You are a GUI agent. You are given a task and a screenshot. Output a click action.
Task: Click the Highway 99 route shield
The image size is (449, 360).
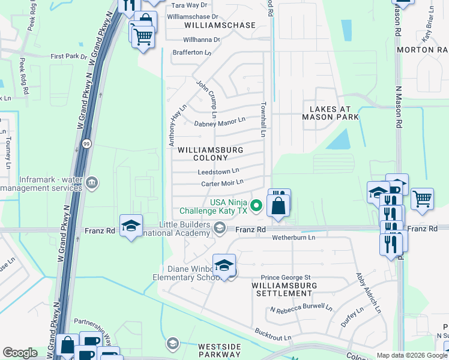click(x=86, y=144)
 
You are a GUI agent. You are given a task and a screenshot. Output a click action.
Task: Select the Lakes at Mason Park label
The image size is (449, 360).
click(x=334, y=113)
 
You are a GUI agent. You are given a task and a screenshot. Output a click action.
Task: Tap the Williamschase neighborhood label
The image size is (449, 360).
click(x=220, y=25)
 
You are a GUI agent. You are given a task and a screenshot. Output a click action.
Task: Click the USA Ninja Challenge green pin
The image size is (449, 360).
click(x=256, y=206)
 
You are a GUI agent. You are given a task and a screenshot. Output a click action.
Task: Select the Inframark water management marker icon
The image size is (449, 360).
click(x=91, y=182)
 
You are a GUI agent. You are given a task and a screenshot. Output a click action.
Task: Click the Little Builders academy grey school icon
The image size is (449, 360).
click(x=220, y=227)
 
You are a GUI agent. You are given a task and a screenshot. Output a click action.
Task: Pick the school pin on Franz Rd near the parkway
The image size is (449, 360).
click(x=131, y=226)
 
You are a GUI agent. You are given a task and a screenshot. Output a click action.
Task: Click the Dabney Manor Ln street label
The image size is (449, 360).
click(x=220, y=122)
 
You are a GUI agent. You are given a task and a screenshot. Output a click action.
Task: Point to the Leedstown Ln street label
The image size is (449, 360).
click(x=218, y=172)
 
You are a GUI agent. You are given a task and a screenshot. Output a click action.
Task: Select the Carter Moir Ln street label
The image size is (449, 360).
click(x=222, y=182)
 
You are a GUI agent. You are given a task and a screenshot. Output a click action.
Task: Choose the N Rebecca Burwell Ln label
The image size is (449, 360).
click(x=301, y=310)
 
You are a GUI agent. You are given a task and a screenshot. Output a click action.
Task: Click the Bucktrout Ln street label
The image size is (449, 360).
click(x=273, y=334)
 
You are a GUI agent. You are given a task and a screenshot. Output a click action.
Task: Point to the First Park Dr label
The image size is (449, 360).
click(x=69, y=56)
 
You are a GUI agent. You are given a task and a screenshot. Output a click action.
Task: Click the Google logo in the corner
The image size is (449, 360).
click(x=20, y=353)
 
